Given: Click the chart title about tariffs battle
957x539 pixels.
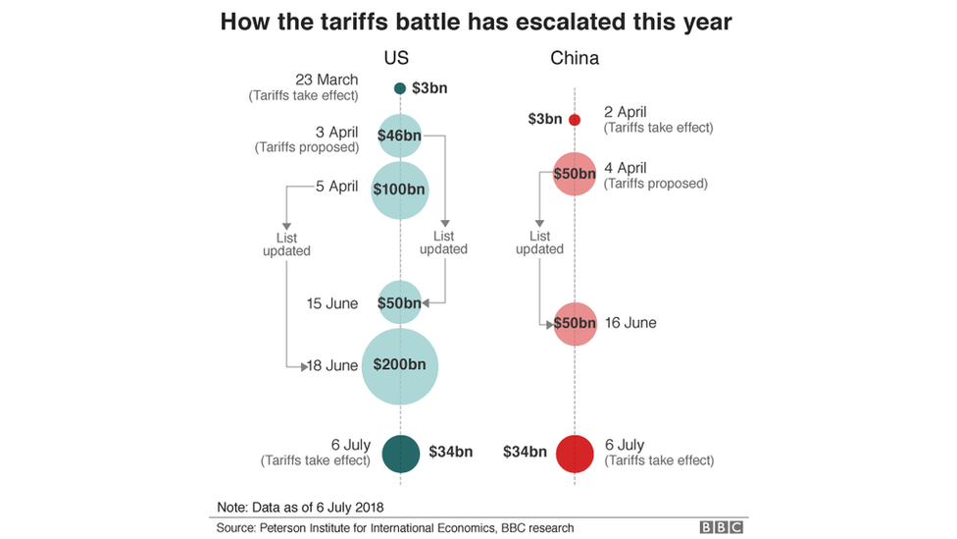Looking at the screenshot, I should click(x=477, y=21).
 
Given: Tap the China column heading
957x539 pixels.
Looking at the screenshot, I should click(x=575, y=58).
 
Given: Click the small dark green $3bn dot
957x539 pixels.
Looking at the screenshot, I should click(x=400, y=89).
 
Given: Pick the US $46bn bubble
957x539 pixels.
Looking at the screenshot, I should click(x=400, y=136).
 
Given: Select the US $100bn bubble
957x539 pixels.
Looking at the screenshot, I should click(x=400, y=189).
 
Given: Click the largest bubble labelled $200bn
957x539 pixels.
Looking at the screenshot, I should click(x=400, y=365).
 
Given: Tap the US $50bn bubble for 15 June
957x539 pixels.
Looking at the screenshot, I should click(x=400, y=302).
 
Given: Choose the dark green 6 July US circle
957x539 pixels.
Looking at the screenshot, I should click(x=400, y=453).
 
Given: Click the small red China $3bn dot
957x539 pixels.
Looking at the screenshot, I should click(x=575, y=120).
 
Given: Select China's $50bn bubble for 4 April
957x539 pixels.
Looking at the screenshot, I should click(x=575, y=174).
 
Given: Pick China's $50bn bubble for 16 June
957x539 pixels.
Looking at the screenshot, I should click(x=575, y=323).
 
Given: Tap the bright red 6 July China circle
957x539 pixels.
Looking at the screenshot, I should click(x=575, y=453).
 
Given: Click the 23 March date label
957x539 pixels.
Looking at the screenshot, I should click(x=327, y=80).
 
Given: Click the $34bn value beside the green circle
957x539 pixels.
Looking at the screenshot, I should click(x=450, y=453).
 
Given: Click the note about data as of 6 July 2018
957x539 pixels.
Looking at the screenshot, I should click(x=300, y=507).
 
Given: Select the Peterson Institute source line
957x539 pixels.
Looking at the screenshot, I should click(x=395, y=528).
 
